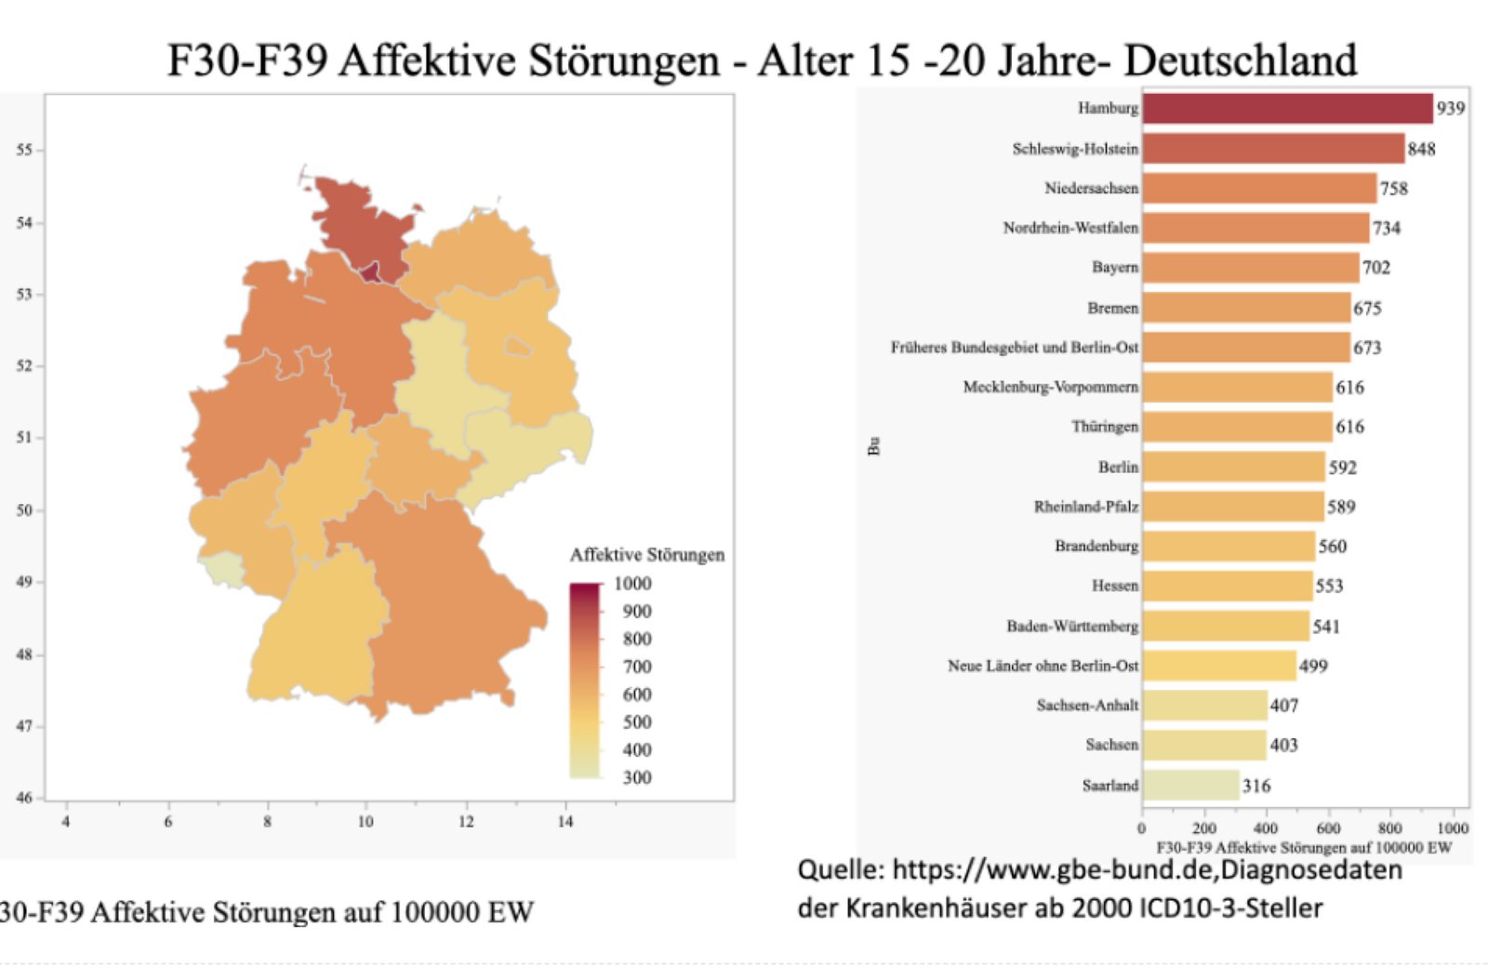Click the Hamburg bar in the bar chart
click(1287, 109)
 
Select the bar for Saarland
click(1190, 786)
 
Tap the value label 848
click(1421, 149)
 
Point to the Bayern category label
click(1114, 268)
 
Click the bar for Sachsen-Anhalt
click(1204, 706)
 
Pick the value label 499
click(1313, 666)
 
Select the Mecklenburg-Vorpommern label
click(1050, 387)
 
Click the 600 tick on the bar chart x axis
click(1328, 828)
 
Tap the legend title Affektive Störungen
click(646, 555)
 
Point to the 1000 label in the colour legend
click(632, 584)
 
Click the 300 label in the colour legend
click(637, 777)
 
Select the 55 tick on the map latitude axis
click(24, 150)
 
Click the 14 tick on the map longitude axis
click(565, 822)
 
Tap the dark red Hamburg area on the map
click(371, 272)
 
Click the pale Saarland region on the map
click(220, 567)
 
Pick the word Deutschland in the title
click(1241, 60)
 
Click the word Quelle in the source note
click(840, 870)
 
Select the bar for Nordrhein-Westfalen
click(1255, 228)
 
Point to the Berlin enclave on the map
click(518, 348)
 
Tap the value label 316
click(1255, 787)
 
